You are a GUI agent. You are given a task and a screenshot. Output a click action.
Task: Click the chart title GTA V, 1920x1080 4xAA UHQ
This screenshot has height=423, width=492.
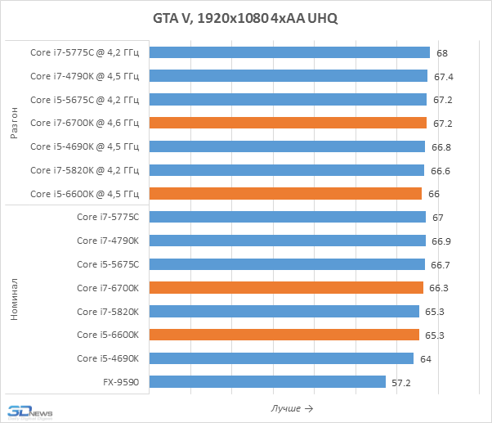pyautogui.click(x=245, y=18)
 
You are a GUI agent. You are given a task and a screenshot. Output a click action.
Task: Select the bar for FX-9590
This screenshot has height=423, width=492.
pyautogui.click(x=267, y=382)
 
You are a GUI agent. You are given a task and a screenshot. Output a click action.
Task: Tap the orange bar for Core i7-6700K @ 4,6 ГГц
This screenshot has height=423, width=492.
pyautogui.click(x=288, y=123)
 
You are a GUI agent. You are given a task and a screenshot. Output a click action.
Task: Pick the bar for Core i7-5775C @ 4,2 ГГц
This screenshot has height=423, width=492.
pyautogui.click(x=289, y=52)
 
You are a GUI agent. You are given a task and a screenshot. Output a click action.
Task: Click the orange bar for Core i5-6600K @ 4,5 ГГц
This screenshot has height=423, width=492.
pyautogui.click(x=285, y=194)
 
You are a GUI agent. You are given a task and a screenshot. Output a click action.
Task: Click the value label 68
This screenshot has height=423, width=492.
pyautogui.click(x=442, y=52)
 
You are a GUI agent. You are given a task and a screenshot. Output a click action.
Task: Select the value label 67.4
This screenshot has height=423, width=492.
pyautogui.click(x=444, y=76)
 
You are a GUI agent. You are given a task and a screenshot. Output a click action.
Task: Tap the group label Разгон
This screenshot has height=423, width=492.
pyautogui.click(x=14, y=123)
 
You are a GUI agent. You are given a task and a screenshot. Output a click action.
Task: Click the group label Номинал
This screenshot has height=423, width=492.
pyautogui.click(x=14, y=299)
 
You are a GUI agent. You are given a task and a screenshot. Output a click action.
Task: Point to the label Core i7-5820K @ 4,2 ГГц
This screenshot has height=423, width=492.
pyautogui.click(x=85, y=170)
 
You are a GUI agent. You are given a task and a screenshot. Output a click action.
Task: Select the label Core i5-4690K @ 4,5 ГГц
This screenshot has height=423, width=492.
pyautogui.click(x=85, y=146)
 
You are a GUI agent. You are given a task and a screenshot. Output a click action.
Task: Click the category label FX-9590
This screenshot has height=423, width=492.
pyautogui.click(x=120, y=382)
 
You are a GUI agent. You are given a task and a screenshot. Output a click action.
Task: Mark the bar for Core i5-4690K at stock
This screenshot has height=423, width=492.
pyautogui.click(x=281, y=358)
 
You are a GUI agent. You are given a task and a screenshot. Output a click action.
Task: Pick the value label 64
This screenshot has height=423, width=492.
pyautogui.click(x=426, y=358)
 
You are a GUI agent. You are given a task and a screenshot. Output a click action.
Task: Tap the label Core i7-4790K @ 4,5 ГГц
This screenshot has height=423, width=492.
pyautogui.click(x=85, y=76)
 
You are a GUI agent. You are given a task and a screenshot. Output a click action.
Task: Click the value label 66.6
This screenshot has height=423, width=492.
pyautogui.click(x=441, y=170)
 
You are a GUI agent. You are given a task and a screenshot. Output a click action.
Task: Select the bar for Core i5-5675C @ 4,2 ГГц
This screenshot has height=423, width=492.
pyautogui.click(x=288, y=100)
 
